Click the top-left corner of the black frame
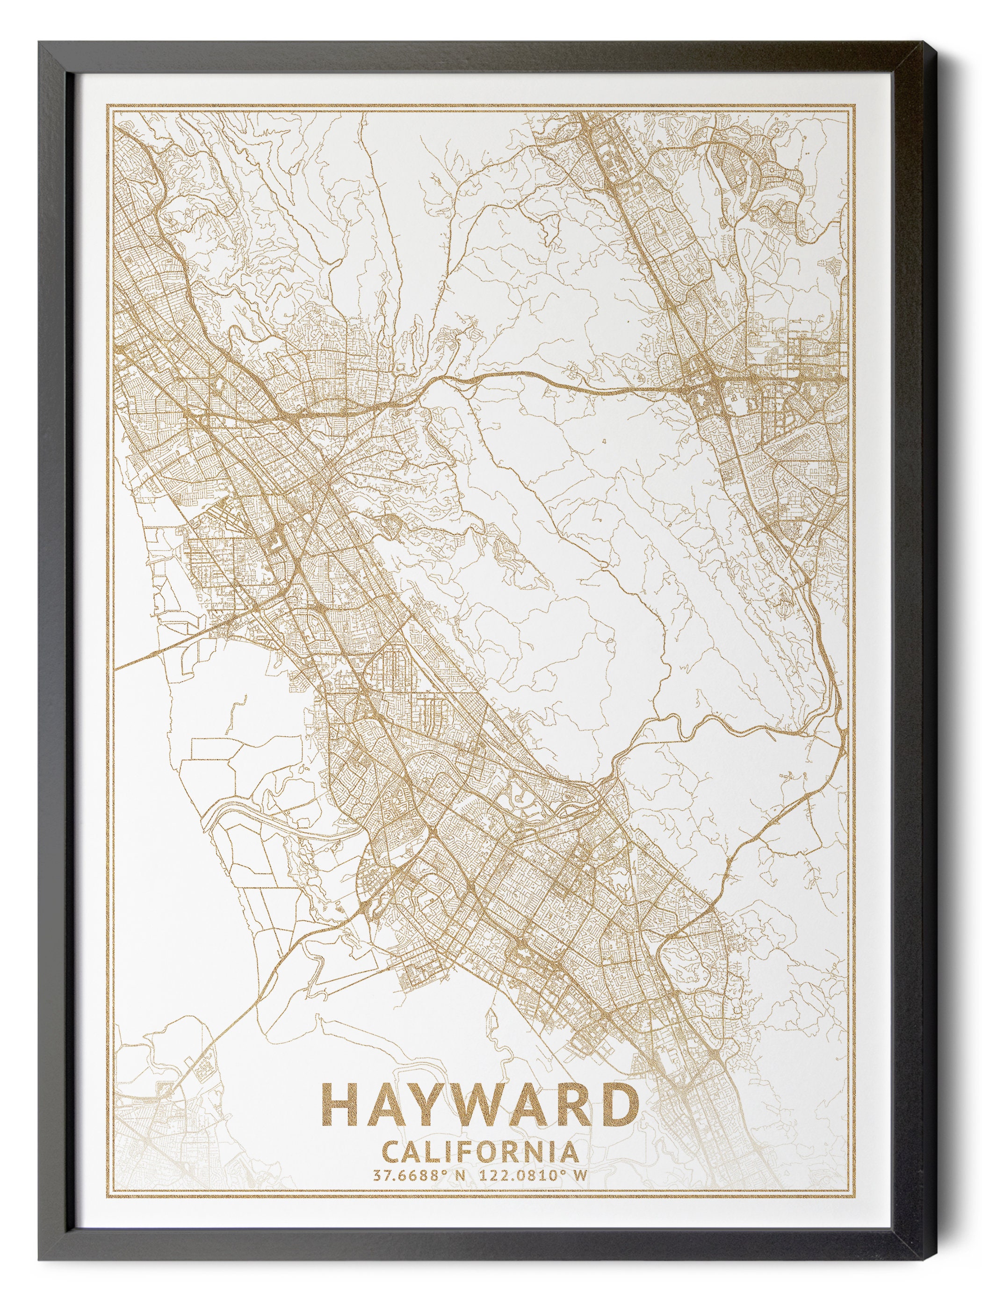39,42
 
